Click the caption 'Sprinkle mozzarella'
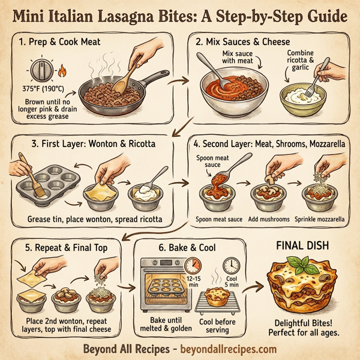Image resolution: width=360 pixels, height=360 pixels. click(x=322, y=220)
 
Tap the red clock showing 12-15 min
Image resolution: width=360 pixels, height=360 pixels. click(x=193, y=265)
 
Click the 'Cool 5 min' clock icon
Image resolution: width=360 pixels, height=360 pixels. click(x=231, y=265)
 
